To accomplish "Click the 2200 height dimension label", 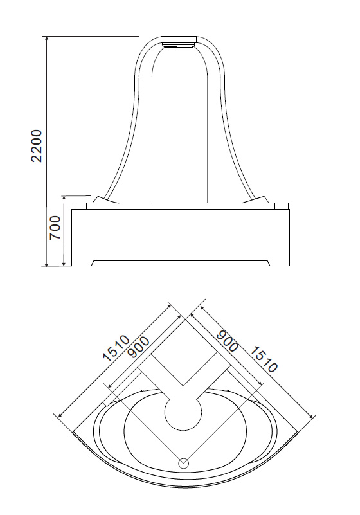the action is click(x=37, y=145).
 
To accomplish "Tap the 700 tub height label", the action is click(x=55, y=228).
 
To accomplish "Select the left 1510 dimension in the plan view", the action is click(x=116, y=348).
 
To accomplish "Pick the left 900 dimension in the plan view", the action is click(x=138, y=347).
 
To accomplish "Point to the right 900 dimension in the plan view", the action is click(x=227, y=341).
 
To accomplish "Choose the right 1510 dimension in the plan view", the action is click(x=264, y=359).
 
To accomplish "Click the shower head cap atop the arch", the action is click(x=179, y=41).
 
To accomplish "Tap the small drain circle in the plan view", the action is click(x=184, y=463).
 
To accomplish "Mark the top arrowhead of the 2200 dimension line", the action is click(x=47, y=38).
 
